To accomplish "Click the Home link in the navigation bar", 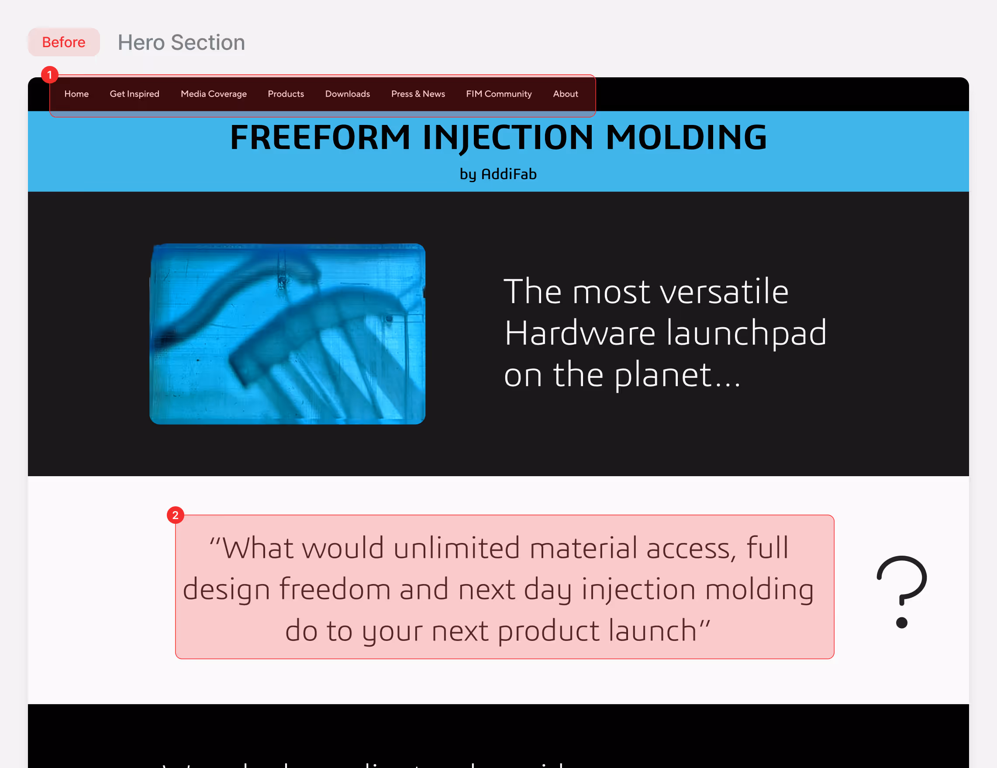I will [76, 94].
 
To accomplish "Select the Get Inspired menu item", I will [134, 94].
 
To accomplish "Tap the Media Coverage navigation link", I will [213, 94].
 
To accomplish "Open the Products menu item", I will [285, 94].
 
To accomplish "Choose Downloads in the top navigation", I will [347, 94].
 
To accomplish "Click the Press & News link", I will [417, 94].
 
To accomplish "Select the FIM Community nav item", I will [499, 94].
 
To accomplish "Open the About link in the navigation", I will [565, 94].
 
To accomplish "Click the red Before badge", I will [63, 42].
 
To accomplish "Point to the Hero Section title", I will [181, 42].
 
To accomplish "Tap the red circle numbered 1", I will [50, 74].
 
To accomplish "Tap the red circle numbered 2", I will [175, 515].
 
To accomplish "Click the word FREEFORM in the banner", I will [320, 138].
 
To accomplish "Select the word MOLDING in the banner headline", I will [686, 138].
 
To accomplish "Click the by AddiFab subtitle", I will [498, 174].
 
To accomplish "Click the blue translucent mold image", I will [288, 334].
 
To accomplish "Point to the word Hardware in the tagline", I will [580, 333].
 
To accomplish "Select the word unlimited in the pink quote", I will [456, 548].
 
